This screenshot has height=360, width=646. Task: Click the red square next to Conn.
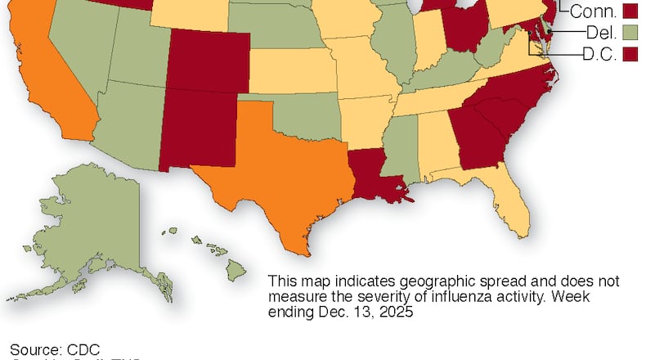pyautogui.click(x=630, y=11)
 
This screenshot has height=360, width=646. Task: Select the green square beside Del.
pyautogui.click(x=630, y=33)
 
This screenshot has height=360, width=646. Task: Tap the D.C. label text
pyautogui.click(x=599, y=54)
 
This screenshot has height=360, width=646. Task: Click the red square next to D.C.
pyautogui.click(x=630, y=54)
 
